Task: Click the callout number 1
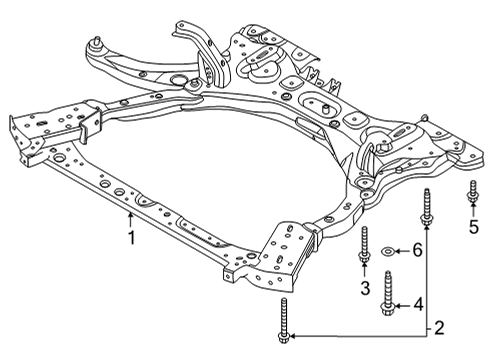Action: (x=131, y=238)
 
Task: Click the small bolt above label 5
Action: (x=471, y=196)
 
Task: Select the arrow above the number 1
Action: (x=131, y=220)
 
